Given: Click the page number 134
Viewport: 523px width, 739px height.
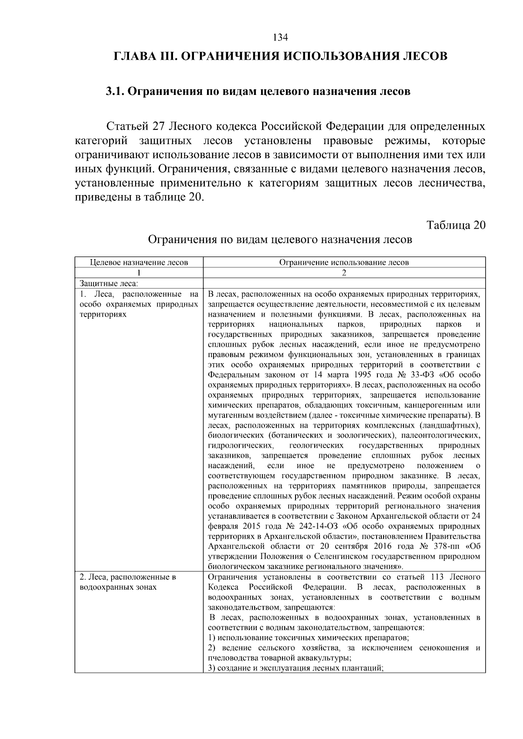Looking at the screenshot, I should pos(280,37).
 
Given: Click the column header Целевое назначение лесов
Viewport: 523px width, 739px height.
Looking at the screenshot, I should pos(139,262).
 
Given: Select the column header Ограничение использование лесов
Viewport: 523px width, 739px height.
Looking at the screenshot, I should pos(344,262).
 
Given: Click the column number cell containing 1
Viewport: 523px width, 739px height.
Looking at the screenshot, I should pos(139,273).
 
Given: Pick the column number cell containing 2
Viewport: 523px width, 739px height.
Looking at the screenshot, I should pos(344,273).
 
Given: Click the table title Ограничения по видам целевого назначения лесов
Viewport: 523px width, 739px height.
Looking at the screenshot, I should pos(280,240).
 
